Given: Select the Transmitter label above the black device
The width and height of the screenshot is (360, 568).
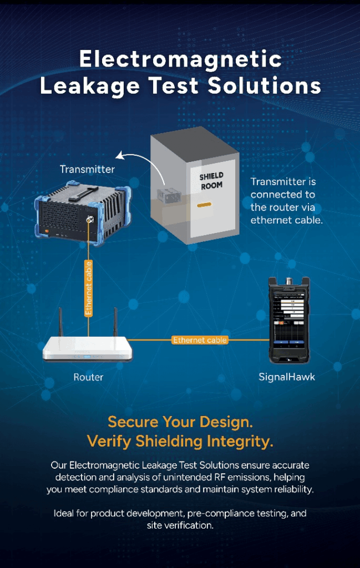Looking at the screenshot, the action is coord(87,169).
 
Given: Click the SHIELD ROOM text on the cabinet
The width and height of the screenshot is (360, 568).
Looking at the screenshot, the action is coord(211,181).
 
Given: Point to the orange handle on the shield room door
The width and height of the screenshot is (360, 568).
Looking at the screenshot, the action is coord(204,205).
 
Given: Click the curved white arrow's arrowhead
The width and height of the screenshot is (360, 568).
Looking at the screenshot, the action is coord(119,156).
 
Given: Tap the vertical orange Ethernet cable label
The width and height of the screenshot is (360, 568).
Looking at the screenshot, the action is coord(88,288).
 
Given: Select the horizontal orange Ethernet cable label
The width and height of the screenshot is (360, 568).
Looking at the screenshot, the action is coord(200,340).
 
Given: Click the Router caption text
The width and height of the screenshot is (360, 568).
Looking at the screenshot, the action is coord(88,377).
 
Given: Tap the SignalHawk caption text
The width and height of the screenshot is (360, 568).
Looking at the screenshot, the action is coord(287,377).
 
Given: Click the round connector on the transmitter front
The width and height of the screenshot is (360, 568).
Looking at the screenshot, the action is coord(89,219).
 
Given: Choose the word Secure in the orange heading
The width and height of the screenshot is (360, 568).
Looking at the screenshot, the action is coord(133,422).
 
